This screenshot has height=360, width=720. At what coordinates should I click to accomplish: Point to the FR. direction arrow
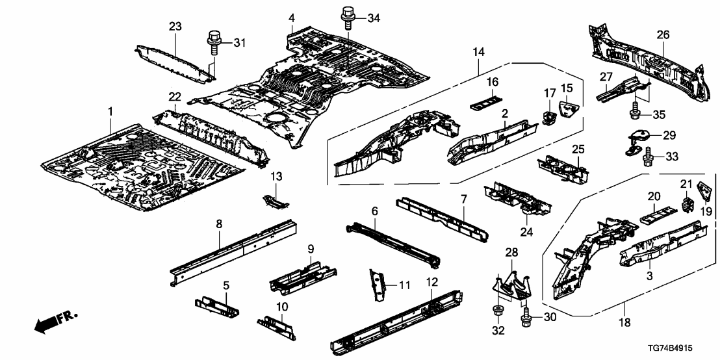(x=53, y=322)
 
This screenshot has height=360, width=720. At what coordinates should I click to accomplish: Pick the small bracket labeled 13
(x=276, y=200)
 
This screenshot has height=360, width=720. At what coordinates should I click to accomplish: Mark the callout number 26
(x=663, y=36)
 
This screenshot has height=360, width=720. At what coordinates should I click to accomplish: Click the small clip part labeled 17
(x=548, y=117)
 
